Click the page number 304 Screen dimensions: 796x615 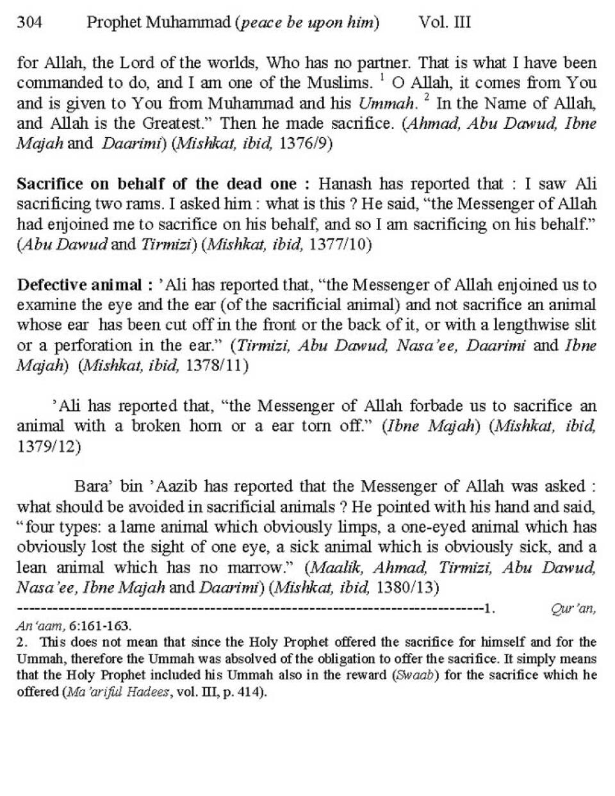(29, 23)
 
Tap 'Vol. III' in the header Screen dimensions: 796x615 (444, 23)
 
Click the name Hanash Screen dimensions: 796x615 (347, 184)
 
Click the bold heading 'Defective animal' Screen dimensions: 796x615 (78, 285)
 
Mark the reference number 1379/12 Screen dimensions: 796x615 (49, 447)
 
